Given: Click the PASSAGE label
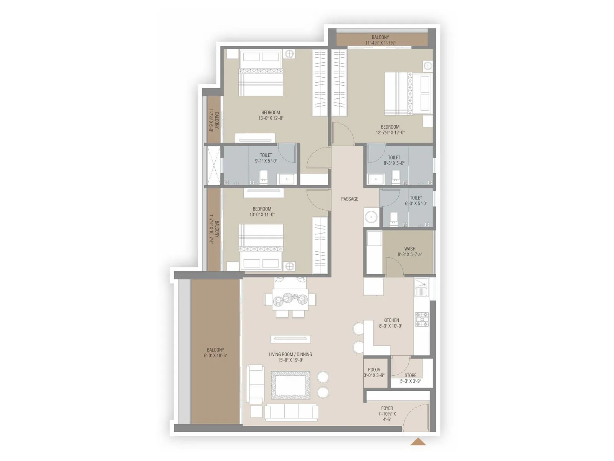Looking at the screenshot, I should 349,199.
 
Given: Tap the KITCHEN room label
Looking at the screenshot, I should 391,320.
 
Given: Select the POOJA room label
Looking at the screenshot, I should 374,370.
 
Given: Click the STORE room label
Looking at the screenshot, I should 410,375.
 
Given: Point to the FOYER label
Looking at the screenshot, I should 387,408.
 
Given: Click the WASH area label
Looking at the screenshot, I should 409,249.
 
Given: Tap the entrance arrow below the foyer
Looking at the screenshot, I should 418,442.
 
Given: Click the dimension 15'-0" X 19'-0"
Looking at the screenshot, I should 290,360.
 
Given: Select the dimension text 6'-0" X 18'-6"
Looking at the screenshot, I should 215,356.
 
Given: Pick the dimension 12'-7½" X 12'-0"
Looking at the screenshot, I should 390,133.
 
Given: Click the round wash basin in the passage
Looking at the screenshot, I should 371,217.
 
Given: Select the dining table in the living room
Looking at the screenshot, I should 290,299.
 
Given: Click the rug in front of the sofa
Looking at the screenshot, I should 290,385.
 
